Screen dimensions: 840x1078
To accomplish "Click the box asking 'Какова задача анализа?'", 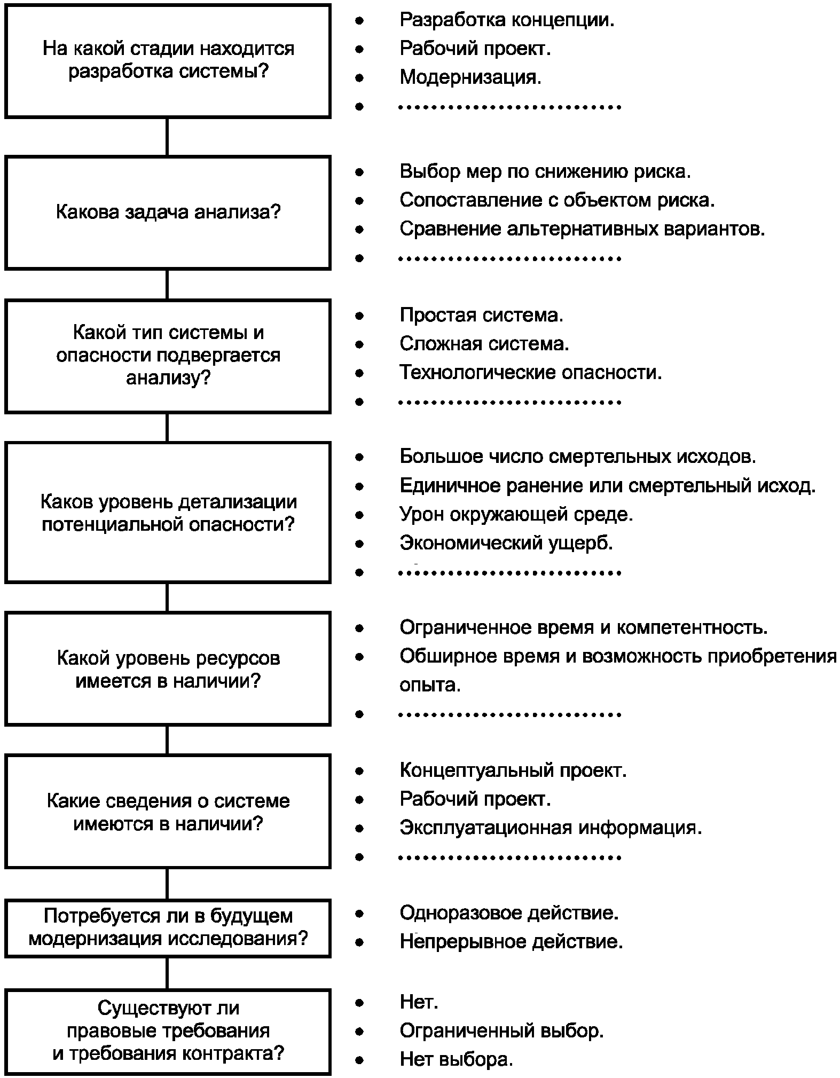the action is pyautogui.click(x=168, y=213).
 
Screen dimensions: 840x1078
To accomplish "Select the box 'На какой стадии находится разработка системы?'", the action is pyautogui.click(x=168, y=61).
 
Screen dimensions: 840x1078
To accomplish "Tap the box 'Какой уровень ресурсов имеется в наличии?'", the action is pyautogui.click(x=168, y=669).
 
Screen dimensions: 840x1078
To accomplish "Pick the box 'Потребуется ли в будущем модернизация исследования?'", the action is pyautogui.click(x=168, y=928).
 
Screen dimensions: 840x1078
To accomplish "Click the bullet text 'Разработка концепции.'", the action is pyautogui.click(x=507, y=20).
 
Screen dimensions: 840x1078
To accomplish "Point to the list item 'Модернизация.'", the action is pyautogui.click(x=470, y=77).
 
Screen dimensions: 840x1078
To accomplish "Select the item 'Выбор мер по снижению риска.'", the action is pyautogui.click(x=545, y=171).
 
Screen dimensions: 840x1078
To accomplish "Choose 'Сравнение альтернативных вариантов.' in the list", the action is pyautogui.click(x=582, y=229).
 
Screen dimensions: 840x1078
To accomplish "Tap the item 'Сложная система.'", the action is pyautogui.click(x=484, y=343).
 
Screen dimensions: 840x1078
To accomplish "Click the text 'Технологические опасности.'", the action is pyautogui.click(x=531, y=372).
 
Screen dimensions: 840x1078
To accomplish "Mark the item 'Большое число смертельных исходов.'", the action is pyautogui.click(x=578, y=457).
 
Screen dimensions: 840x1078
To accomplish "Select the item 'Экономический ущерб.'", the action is pyautogui.click(x=506, y=543).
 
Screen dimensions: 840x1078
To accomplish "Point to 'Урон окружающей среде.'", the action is pyautogui.click(x=516, y=514).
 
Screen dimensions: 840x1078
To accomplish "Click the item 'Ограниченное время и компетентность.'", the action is pyautogui.click(x=583, y=627).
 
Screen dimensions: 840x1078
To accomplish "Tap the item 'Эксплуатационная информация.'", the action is pyautogui.click(x=551, y=828).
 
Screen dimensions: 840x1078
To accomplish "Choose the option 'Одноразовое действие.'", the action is pyautogui.click(x=509, y=913).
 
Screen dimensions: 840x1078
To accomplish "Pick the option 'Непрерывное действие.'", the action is pyautogui.click(x=511, y=942).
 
